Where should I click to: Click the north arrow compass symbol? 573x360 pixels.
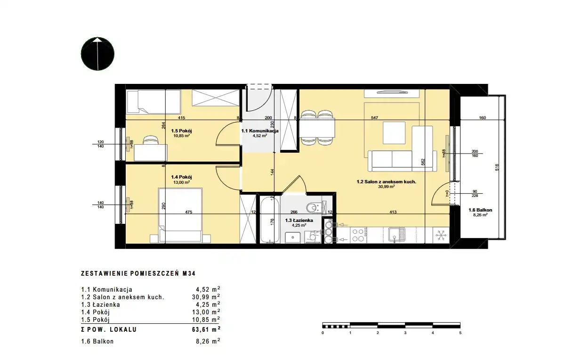(x=97, y=54)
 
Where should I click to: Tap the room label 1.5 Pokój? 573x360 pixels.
(x=181, y=131)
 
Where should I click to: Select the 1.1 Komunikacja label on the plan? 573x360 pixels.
(x=260, y=131)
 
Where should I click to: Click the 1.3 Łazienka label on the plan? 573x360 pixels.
(x=299, y=220)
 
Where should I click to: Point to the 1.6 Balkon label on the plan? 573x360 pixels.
(x=480, y=210)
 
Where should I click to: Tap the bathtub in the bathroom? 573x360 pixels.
(x=270, y=220)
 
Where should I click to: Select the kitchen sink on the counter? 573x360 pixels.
(x=396, y=235)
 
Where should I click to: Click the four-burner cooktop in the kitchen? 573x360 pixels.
(x=358, y=235)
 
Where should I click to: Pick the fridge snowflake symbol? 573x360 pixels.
(x=441, y=235)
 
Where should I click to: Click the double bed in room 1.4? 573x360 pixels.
(x=180, y=215)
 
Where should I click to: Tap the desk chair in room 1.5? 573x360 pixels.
(x=150, y=140)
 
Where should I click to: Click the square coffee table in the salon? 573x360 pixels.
(x=394, y=132)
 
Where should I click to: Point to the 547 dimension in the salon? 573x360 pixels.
(x=374, y=118)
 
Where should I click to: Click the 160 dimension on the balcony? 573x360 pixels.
(x=483, y=118)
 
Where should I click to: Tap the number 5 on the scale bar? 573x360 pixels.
(x=460, y=333)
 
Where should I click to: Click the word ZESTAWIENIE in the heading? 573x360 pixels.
(x=105, y=273)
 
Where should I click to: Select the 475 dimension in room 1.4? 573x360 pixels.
(x=188, y=212)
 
